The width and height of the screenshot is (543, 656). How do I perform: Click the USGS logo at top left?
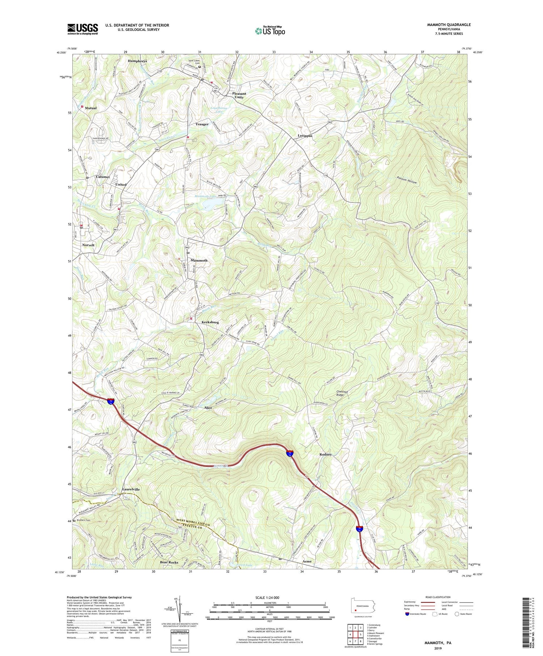(83, 29)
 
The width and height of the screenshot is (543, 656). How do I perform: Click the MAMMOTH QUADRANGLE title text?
(449, 25)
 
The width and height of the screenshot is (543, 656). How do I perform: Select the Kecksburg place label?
(210, 322)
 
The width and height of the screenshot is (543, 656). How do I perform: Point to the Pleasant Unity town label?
(239, 95)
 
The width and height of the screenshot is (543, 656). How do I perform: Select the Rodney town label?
(325, 454)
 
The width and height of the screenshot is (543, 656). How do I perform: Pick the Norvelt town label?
(88, 245)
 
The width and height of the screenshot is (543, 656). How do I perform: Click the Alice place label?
(208, 408)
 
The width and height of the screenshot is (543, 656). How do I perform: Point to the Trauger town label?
(202, 124)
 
